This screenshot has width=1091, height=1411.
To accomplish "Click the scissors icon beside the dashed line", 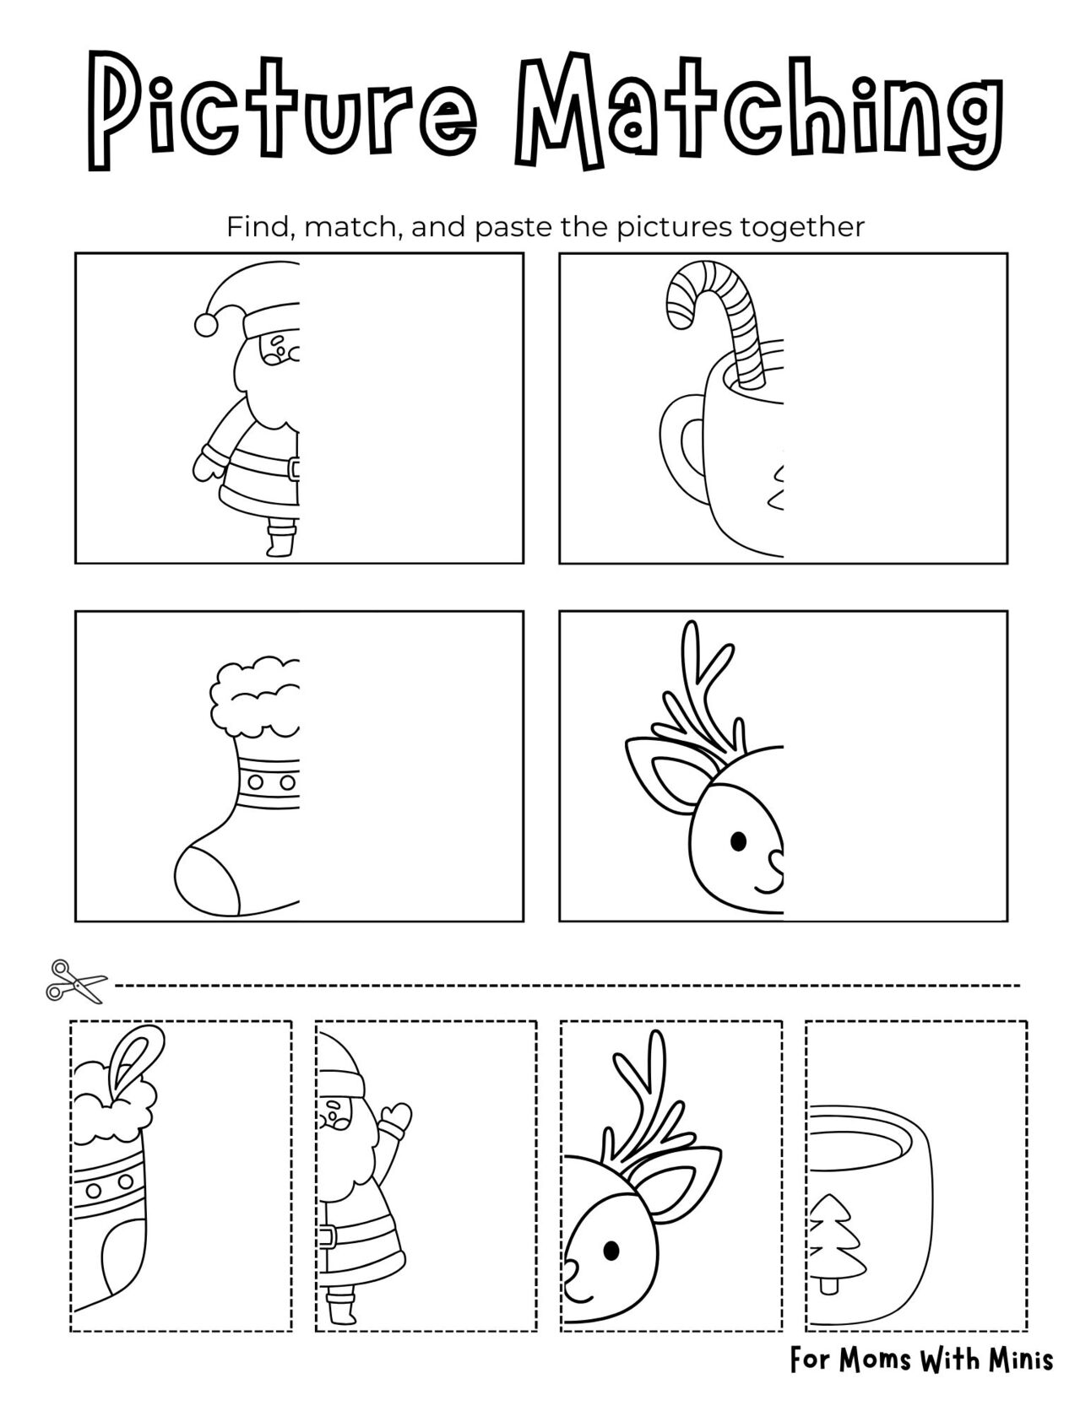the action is pos(77,981).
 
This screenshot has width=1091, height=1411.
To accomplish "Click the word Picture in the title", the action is pos(280,114).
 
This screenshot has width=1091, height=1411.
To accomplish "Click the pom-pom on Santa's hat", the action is pos(205,324).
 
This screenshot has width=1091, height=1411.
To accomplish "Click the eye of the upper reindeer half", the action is pos(738,841).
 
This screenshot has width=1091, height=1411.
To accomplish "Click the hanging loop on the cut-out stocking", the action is pos(134,1054).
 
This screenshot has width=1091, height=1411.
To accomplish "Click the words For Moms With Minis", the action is pos(921,1359).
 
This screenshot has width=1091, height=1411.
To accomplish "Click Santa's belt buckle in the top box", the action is pos(294,468).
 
